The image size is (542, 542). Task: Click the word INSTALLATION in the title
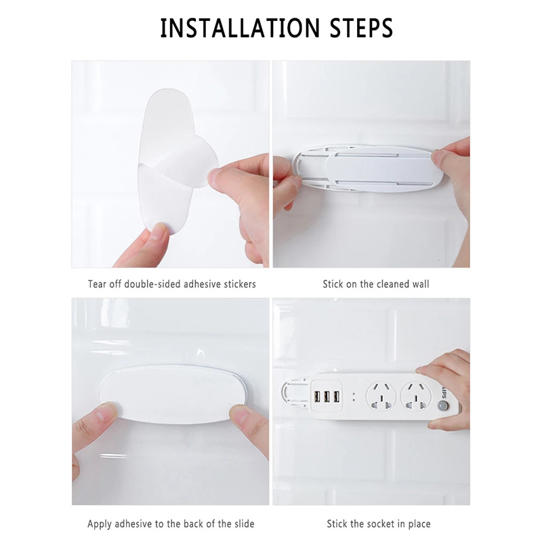240,28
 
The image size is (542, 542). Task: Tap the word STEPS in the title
361,28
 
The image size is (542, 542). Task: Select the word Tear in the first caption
97,284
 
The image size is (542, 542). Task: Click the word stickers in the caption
240,284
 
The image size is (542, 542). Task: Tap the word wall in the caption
420,284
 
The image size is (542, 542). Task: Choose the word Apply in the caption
100,524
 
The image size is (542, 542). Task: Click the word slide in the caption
243,524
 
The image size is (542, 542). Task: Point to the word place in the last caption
419,524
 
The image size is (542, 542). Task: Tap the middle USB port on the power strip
327,397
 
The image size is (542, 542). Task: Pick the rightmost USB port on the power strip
336,397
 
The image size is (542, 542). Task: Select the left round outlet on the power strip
381,396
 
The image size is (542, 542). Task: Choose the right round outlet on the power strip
416,396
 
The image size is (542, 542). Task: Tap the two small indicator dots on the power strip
354,397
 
